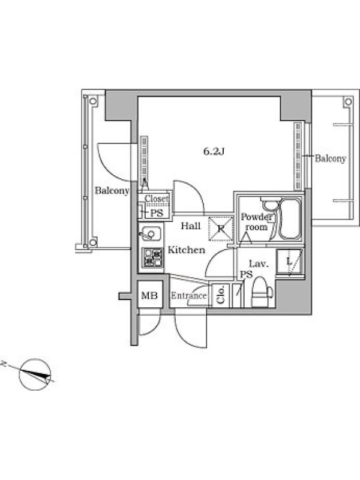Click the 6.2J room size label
215,151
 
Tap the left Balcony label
112,190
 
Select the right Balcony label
331,158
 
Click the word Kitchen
187,250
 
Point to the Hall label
190,226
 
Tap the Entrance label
188,296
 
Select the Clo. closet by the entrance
221,295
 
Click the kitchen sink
150,234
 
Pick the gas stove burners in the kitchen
152,257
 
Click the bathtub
290,219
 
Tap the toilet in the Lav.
261,292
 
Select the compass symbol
34,374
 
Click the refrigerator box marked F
220,228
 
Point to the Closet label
157,199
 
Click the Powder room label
257,222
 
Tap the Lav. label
259,263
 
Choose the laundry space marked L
290,262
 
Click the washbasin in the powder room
269,204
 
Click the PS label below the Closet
157,213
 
